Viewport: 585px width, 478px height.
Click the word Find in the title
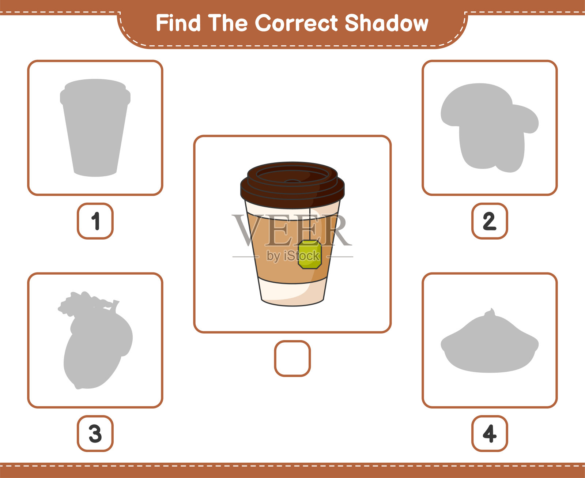[x=178, y=23]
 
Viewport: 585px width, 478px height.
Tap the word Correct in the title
[x=296, y=23]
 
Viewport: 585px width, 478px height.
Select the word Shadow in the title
[x=386, y=23]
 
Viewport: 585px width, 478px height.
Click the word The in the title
[x=227, y=23]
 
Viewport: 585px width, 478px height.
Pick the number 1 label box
[x=95, y=221]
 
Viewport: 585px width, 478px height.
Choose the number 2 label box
[x=490, y=221]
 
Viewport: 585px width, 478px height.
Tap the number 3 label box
[x=95, y=433]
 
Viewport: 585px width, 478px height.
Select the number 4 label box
[x=490, y=433]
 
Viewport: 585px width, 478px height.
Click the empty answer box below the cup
[x=292, y=358]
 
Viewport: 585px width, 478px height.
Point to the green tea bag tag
[x=310, y=255]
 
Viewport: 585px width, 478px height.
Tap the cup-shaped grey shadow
[x=95, y=128]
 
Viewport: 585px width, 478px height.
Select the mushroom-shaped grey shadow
[x=490, y=128]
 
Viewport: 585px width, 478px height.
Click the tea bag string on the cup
[x=310, y=224]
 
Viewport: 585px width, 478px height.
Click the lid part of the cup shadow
[x=95, y=92]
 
